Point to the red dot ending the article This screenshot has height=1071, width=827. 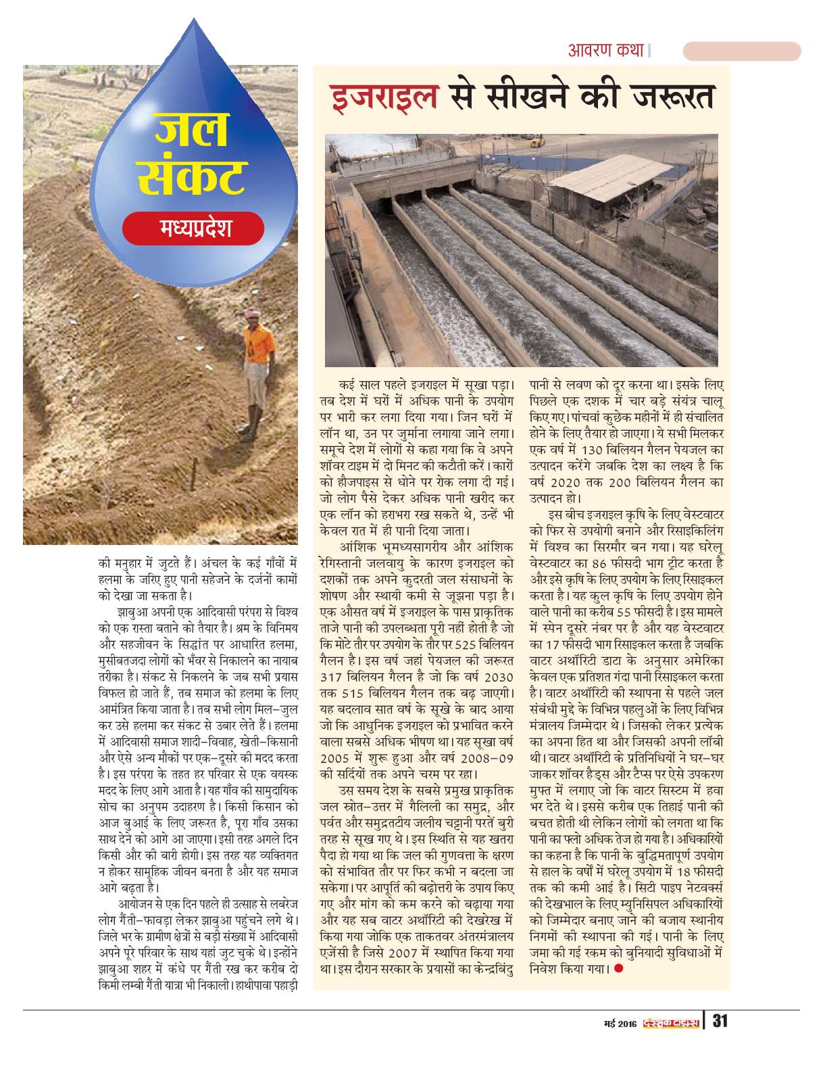(x=618, y=968)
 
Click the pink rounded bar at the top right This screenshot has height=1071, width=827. (x=741, y=51)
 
